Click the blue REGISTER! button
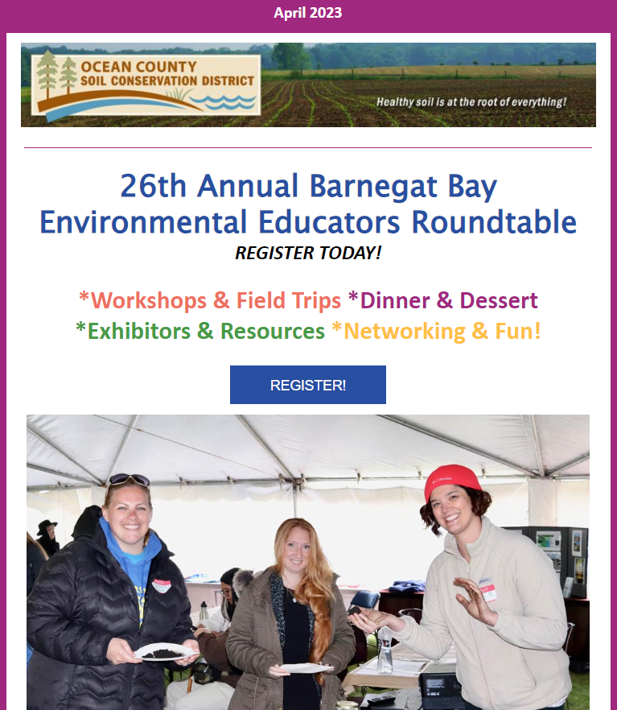[307, 385]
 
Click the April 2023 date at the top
[307, 13]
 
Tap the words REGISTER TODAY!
[308, 253]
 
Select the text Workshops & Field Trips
[216, 300]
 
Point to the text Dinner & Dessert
[449, 300]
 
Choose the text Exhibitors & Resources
[206, 331]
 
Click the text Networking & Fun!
[442, 331]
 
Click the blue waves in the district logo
[223, 102]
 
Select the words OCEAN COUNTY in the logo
[138, 67]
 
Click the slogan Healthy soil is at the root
[471, 102]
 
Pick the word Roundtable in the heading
[493, 222]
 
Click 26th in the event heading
[153, 186]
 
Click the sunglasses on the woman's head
[129, 480]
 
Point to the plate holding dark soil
[166, 651]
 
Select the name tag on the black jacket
[162, 586]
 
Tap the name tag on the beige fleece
[487, 592]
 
